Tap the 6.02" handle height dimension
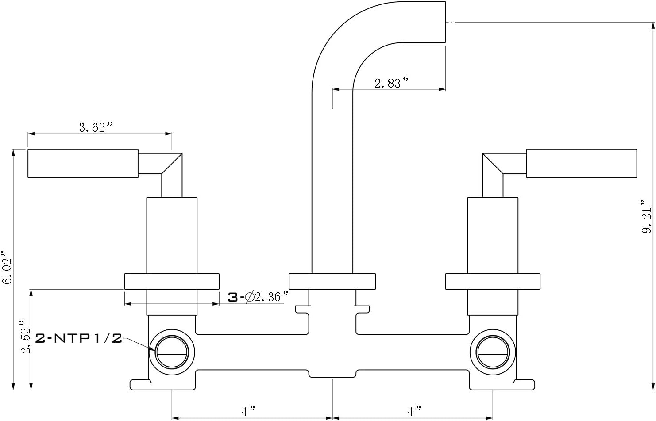pos(7,267)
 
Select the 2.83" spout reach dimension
pos(392,83)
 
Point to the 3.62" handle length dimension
pos(96,127)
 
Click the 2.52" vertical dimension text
pos(26,337)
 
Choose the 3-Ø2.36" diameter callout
pos(259,297)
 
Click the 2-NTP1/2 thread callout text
pos(78,339)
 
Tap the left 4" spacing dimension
pos(248,411)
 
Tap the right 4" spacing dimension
pos(414,411)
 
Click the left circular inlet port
pos(172,352)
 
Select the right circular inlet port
pos(493,352)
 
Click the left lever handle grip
pos(83,164)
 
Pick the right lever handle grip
pos(582,164)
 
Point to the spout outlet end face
pos(445,22)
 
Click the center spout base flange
pos(332,281)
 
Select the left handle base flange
pos(172,281)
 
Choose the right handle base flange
pos(493,281)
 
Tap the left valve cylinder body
pos(172,235)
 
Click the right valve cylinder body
pos(493,235)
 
